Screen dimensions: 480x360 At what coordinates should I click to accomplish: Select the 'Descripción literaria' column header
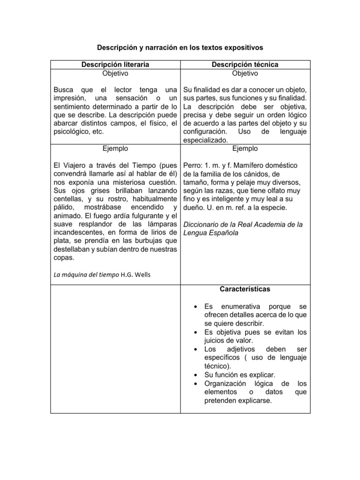115,64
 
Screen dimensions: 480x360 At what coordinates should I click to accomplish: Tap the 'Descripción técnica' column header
244,64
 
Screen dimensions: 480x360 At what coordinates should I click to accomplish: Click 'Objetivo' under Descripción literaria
115,73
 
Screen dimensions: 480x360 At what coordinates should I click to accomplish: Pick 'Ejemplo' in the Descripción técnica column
244,149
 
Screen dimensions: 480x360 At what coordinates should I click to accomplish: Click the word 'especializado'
205,140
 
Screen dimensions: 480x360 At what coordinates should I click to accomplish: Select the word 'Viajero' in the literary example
80,165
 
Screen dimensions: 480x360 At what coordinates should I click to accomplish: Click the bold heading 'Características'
244,289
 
